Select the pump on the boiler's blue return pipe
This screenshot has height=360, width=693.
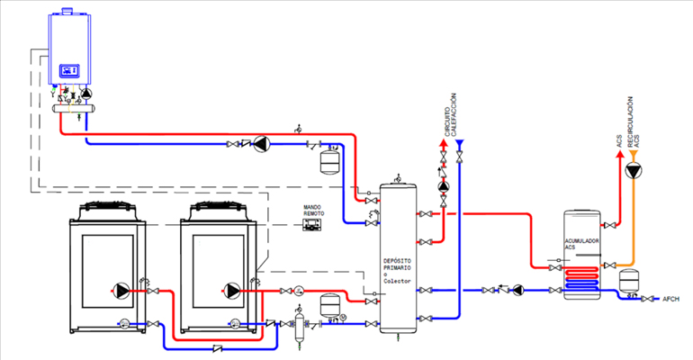(262, 142)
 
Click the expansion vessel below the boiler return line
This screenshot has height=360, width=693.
(329, 161)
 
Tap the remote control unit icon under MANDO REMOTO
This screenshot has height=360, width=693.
(313, 225)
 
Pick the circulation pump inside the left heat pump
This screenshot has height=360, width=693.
(122, 290)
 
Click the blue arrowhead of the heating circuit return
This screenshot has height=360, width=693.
(460, 143)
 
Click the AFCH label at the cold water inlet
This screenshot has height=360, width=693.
(671, 299)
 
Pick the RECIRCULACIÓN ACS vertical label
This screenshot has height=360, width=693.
(634, 121)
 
